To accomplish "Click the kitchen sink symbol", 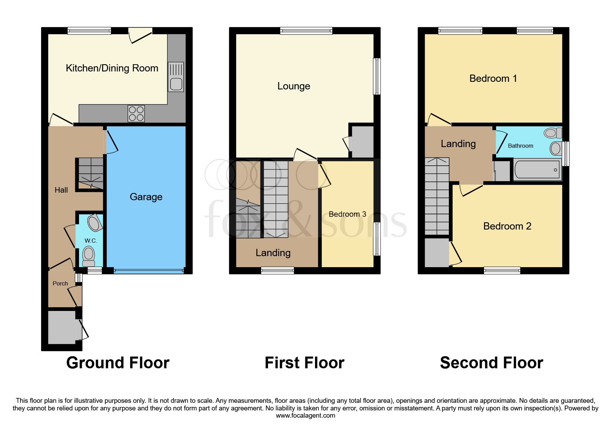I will [x=176, y=77].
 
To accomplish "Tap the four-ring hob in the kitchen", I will [x=136, y=114].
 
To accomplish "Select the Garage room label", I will [x=146, y=197].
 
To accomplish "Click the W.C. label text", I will [x=91, y=241].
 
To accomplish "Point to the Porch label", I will [x=60, y=283].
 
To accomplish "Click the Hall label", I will [x=61, y=190].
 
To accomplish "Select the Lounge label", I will [x=294, y=86].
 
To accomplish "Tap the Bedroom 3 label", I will [x=347, y=214].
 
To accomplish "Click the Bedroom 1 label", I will [x=493, y=78].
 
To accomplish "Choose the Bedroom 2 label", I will [x=507, y=226].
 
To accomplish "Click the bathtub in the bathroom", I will [x=537, y=169].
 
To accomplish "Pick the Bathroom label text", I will [x=520, y=146].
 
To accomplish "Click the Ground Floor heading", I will [x=118, y=363].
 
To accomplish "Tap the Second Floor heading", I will [x=491, y=363].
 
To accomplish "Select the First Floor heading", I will [x=304, y=363].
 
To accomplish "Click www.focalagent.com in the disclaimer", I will [x=305, y=416].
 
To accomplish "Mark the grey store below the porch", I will [x=61, y=327].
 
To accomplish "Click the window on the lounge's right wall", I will [x=377, y=76].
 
